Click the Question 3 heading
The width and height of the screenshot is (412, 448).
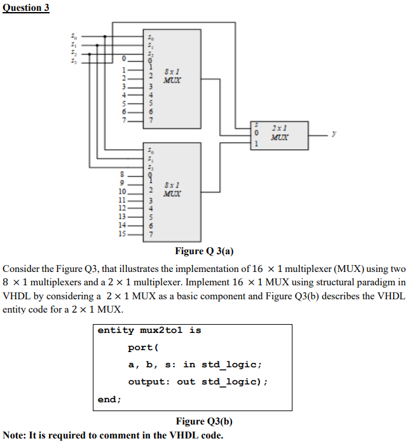[26, 8]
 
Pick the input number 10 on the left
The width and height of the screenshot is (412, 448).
[123, 191]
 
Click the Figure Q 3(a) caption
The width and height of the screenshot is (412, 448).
[204, 250]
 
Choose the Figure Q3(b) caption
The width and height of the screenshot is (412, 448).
[204, 421]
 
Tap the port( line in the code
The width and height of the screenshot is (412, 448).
[141, 348]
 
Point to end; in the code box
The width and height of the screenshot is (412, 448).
[109, 399]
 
